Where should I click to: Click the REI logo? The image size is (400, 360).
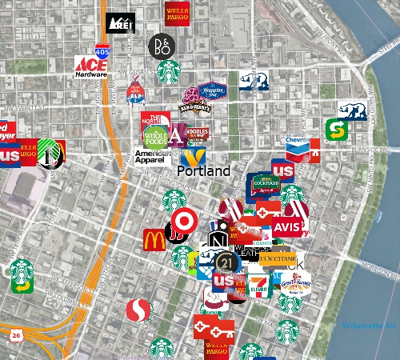pos(120,22)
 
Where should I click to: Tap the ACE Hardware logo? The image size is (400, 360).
pos(90,66)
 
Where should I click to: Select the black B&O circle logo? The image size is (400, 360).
pos(159,46)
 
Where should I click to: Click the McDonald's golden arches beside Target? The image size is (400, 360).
pos(154,239)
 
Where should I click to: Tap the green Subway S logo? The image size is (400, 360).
pos(337,129)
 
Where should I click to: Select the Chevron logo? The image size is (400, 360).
pos(298,146)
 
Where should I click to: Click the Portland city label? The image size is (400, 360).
pos(203,171)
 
